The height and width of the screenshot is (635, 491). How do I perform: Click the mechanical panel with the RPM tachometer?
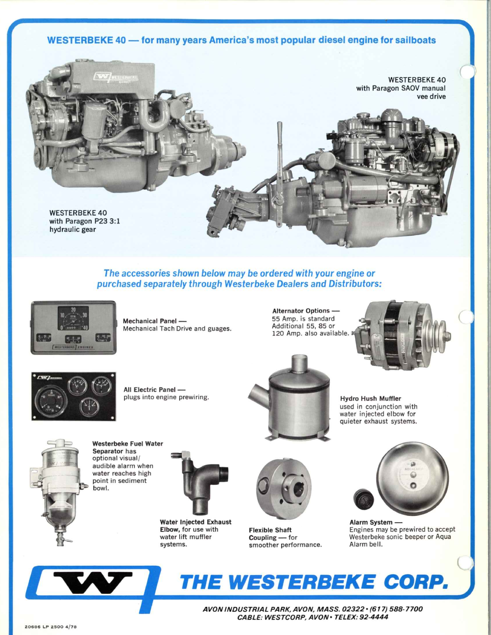pyautogui.click(x=73, y=327)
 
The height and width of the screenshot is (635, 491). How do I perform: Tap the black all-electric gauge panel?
pyautogui.click(x=74, y=396)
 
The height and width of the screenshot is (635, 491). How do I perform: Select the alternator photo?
pyautogui.click(x=402, y=336)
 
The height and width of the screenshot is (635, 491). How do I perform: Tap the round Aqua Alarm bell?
pyautogui.click(x=412, y=479)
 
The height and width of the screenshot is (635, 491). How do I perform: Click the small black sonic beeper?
pyautogui.click(x=364, y=498)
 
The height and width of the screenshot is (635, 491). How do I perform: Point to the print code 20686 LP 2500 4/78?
pyautogui.click(x=51, y=626)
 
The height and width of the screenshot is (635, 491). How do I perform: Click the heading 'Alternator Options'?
pyautogui.click(x=301, y=310)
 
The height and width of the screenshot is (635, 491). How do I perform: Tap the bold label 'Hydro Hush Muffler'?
pyautogui.click(x=371, y=399)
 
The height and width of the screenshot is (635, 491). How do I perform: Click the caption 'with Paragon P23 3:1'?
pyautogui.click(x=85, y=221)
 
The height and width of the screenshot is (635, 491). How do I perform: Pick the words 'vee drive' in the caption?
pyautogui.click(x=431, y=96)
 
